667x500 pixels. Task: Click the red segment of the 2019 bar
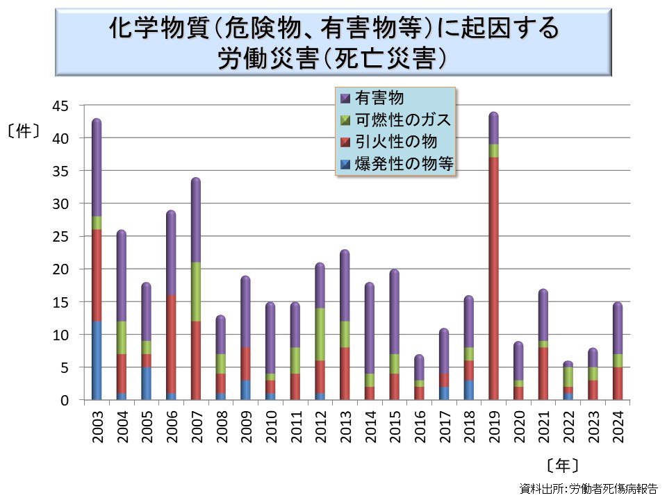(x=493, y=278)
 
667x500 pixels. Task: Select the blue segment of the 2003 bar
(x=97, y=360)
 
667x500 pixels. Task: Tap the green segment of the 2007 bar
(x=196, y=292)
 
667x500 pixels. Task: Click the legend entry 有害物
(x=379, y=98)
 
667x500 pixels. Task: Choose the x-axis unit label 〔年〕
(x=562, y=465)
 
